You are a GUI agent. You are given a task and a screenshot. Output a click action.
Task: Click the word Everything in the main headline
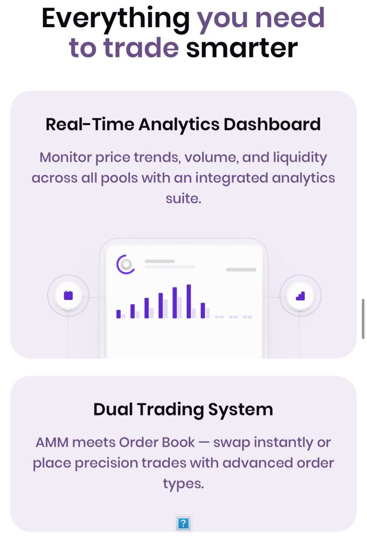[x=116, y=19]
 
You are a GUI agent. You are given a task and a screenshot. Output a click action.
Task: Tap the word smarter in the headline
[x=242, y=48]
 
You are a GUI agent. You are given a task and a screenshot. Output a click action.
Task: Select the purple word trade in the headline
[x=141, y=47]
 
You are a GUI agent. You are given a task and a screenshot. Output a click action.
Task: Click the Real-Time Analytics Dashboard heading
[x=183, y=125]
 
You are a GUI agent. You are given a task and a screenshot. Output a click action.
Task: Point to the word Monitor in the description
[x=66, y=157]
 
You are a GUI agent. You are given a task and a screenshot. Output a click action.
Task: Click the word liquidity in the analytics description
[x=300, y=158]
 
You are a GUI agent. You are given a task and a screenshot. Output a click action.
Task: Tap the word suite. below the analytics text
[x=183, y=198]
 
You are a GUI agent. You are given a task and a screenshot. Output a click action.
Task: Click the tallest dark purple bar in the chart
[x=188, y=301]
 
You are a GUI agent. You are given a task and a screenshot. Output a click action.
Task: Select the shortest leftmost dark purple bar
[x=119, y=314]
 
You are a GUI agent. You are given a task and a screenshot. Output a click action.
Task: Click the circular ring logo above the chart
[x=125, y=264]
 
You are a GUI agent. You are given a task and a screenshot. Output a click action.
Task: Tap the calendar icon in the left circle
[x=68, y=295]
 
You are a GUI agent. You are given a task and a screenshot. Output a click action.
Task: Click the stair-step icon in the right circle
[x=300, y=296]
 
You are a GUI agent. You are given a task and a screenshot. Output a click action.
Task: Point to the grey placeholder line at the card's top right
[x=241, y=270]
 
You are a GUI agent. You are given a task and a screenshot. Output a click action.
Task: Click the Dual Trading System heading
[x=183, y=409]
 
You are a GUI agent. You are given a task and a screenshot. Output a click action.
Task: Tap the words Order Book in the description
[x=157, y=442]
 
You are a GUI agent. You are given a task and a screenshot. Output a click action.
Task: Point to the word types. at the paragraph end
[x=183, y=484]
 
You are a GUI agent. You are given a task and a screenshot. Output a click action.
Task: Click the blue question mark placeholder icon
[x=183, y=523]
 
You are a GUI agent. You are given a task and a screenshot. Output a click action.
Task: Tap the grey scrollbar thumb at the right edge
[x=363, y=319]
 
